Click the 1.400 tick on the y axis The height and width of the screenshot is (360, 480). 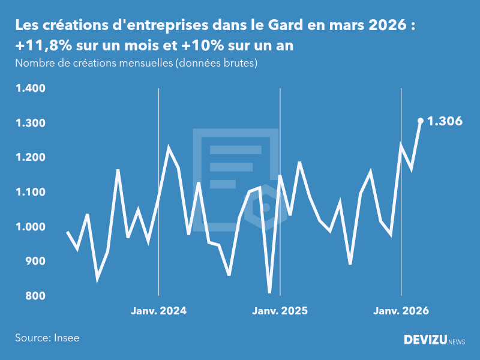pyautogui.click(x=31, y=89)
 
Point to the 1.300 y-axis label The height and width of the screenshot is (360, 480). pyautogui.click(x=31, y=123)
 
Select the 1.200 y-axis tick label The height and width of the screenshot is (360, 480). pyautogui.click(x=31, y=158)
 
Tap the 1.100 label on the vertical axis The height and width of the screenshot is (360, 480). pyautogui.click(x=31, y=193)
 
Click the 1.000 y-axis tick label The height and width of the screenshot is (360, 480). pyautogui.click(x=31, y=227)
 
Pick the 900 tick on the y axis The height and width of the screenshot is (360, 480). pyautogui.click(x=35, y=262)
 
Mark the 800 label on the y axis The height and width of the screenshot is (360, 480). pyautogui.click(x=35, y=296)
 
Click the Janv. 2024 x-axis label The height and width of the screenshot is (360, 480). pyautogui.click(x=159, y=311)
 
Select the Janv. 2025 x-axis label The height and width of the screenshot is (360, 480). pyautogui.click(x=280, y=311)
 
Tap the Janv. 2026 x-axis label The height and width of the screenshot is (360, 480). pyautogui.click(x=401, y=311)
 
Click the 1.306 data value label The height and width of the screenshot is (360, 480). pyautogui.click(x=444, y=122)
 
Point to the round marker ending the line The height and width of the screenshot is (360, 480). pyautogui.click(x=421, y=121)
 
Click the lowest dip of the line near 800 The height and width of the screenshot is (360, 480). pyautogui.click(x=269, y=292)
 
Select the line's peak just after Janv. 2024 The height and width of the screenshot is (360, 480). pyautogui.click(x=169, y=148)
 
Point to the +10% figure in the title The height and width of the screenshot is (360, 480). pyautogui.click(x=198, y=46)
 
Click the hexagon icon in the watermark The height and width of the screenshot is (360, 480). pyautogui.click(x=265, y=208)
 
